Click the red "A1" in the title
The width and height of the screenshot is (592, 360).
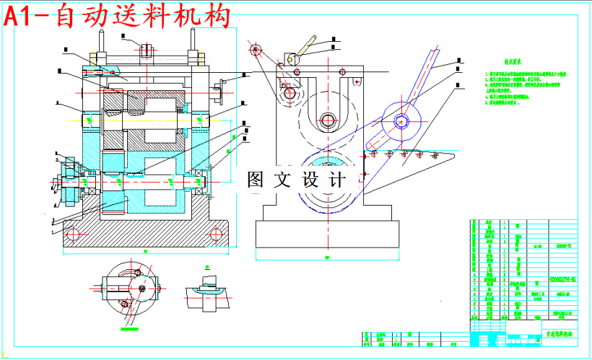27,16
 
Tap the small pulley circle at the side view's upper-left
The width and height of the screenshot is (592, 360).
254,49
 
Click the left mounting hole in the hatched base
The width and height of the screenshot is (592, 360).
72,232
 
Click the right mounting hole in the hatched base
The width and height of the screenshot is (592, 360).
217,232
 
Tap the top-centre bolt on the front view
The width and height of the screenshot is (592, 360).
147,51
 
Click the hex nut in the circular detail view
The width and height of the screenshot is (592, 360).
140,289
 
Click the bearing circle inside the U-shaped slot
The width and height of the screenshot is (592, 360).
328,120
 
